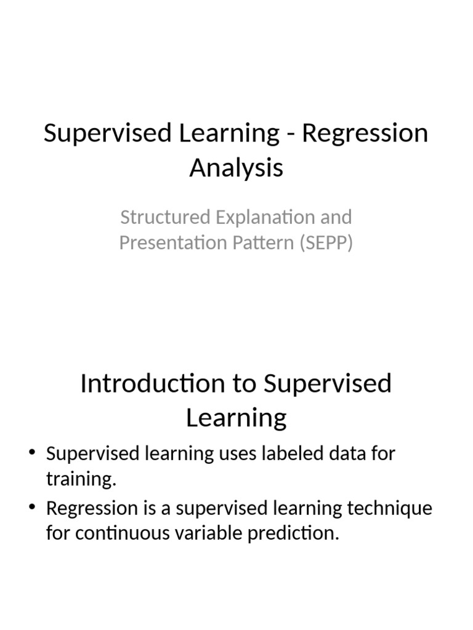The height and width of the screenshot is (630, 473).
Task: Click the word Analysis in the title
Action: point(236,167)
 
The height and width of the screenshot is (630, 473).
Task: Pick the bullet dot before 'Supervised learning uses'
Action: point(33,454)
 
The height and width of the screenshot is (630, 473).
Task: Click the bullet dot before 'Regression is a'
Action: point(33,508)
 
